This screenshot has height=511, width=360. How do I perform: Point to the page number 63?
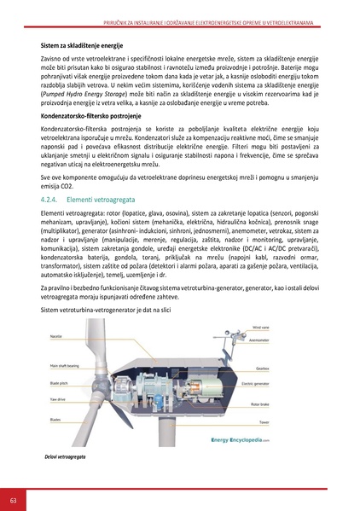click(x=13, y=497)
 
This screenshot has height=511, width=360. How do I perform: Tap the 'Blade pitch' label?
click(x=58, y=386)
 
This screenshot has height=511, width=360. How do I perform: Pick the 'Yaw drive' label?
click(x=57, y=398)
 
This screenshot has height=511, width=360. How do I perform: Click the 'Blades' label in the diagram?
click(x=55, y=420)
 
